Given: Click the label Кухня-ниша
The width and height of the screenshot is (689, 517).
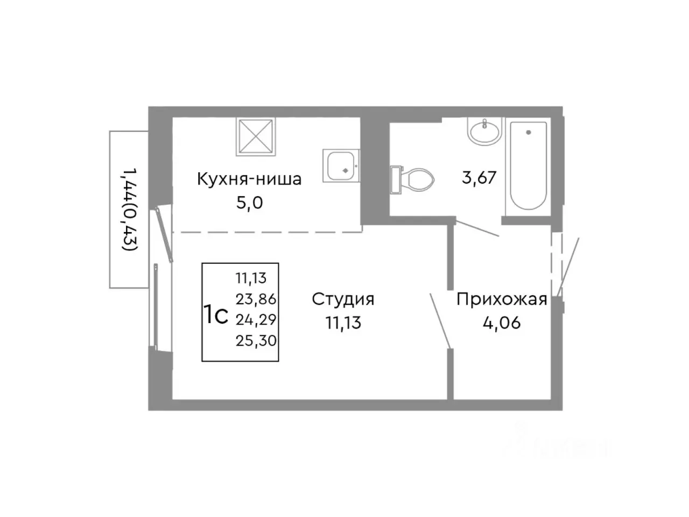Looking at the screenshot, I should click(x=249, y=179).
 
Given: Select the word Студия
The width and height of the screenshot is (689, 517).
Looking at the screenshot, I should click(x=343, y=299).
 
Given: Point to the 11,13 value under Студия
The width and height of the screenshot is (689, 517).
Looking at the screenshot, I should click(x=343, y=323).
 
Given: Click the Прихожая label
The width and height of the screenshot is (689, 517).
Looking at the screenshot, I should click(x=502, y=299).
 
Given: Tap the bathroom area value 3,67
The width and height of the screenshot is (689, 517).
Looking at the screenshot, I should click(x=479, y=177).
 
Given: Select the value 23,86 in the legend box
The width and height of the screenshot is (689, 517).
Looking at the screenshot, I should click(x=256, y=299).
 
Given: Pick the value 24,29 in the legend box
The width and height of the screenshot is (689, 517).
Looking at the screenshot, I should click(x=256, y=319).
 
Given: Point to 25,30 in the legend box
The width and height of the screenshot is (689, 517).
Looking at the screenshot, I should click(x=256, y=340).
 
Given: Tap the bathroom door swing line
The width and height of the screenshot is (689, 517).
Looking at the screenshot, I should click(x=477, y=228).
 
